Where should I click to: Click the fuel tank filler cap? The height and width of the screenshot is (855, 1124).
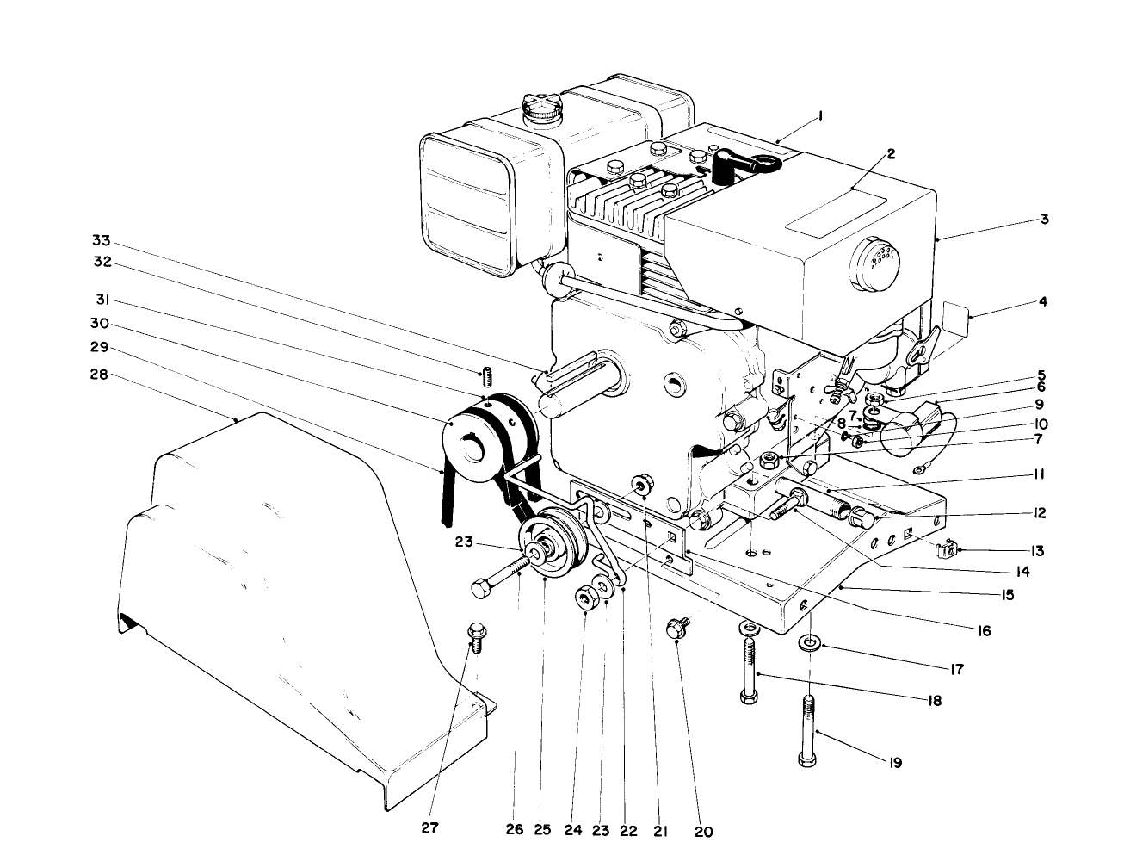[541, 109]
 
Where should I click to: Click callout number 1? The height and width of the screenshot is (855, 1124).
[821, 115]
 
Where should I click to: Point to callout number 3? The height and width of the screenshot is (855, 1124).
[1044, 219]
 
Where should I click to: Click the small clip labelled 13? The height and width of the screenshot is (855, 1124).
[947, 548]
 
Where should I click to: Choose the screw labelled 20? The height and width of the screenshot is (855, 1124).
[678, 629]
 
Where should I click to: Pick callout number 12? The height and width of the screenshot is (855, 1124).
[1040, 513]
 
